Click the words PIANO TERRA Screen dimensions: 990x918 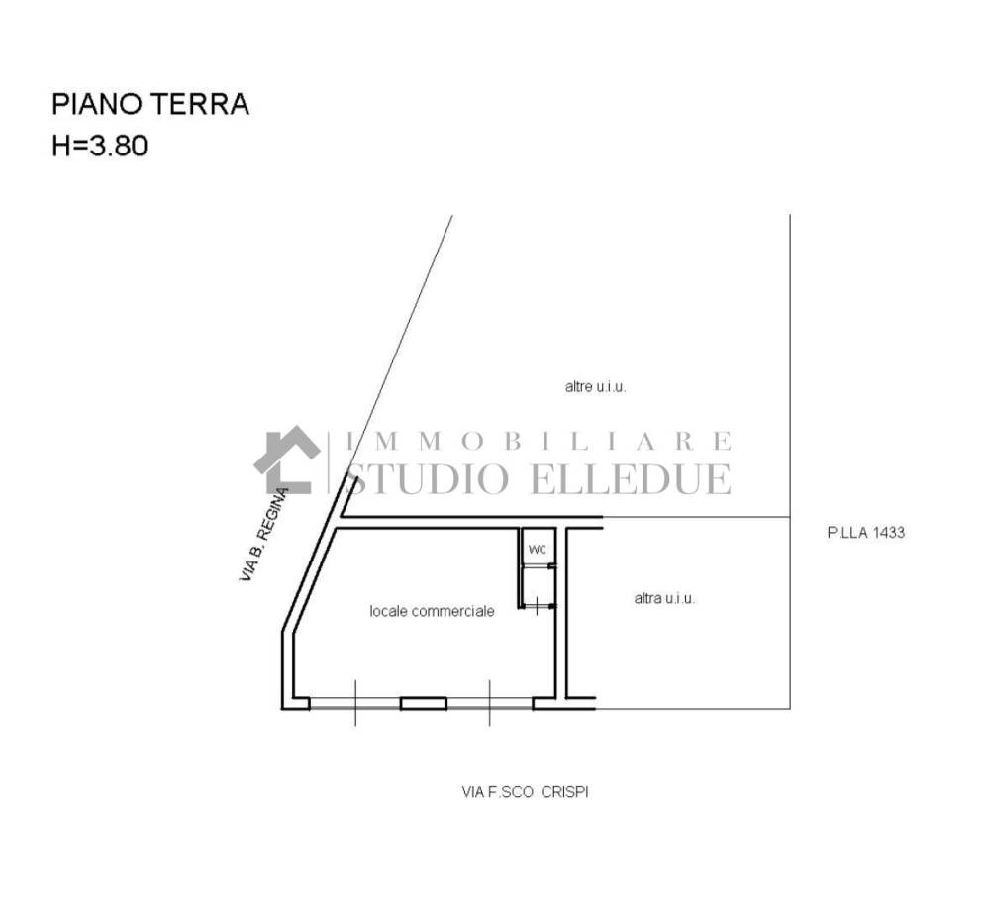[150, 104]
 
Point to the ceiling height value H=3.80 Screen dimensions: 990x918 [100, 146]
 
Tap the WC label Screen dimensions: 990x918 [537, 550]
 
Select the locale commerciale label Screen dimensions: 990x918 [432, 611]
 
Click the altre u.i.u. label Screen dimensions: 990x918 [595, 386]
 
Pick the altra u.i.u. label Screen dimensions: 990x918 [664, 598]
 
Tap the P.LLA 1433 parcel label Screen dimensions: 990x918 [865, 532]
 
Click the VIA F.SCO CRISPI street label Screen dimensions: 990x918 [526, 791]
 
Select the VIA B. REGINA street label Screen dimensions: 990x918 [264, 535]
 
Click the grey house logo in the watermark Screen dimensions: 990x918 [287, 459]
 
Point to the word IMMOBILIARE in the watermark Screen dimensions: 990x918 [540, 441]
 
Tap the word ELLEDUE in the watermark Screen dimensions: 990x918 [631, 478]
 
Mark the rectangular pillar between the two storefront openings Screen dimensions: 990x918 [424, 703]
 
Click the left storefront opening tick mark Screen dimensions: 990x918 [354, 703]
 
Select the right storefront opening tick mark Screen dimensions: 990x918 [489, 703]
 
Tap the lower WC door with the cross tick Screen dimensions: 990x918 [538, 607]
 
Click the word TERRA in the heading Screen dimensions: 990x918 [208, 104]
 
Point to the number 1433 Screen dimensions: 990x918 [888, 532]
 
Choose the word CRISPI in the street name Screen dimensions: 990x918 [565, 791]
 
